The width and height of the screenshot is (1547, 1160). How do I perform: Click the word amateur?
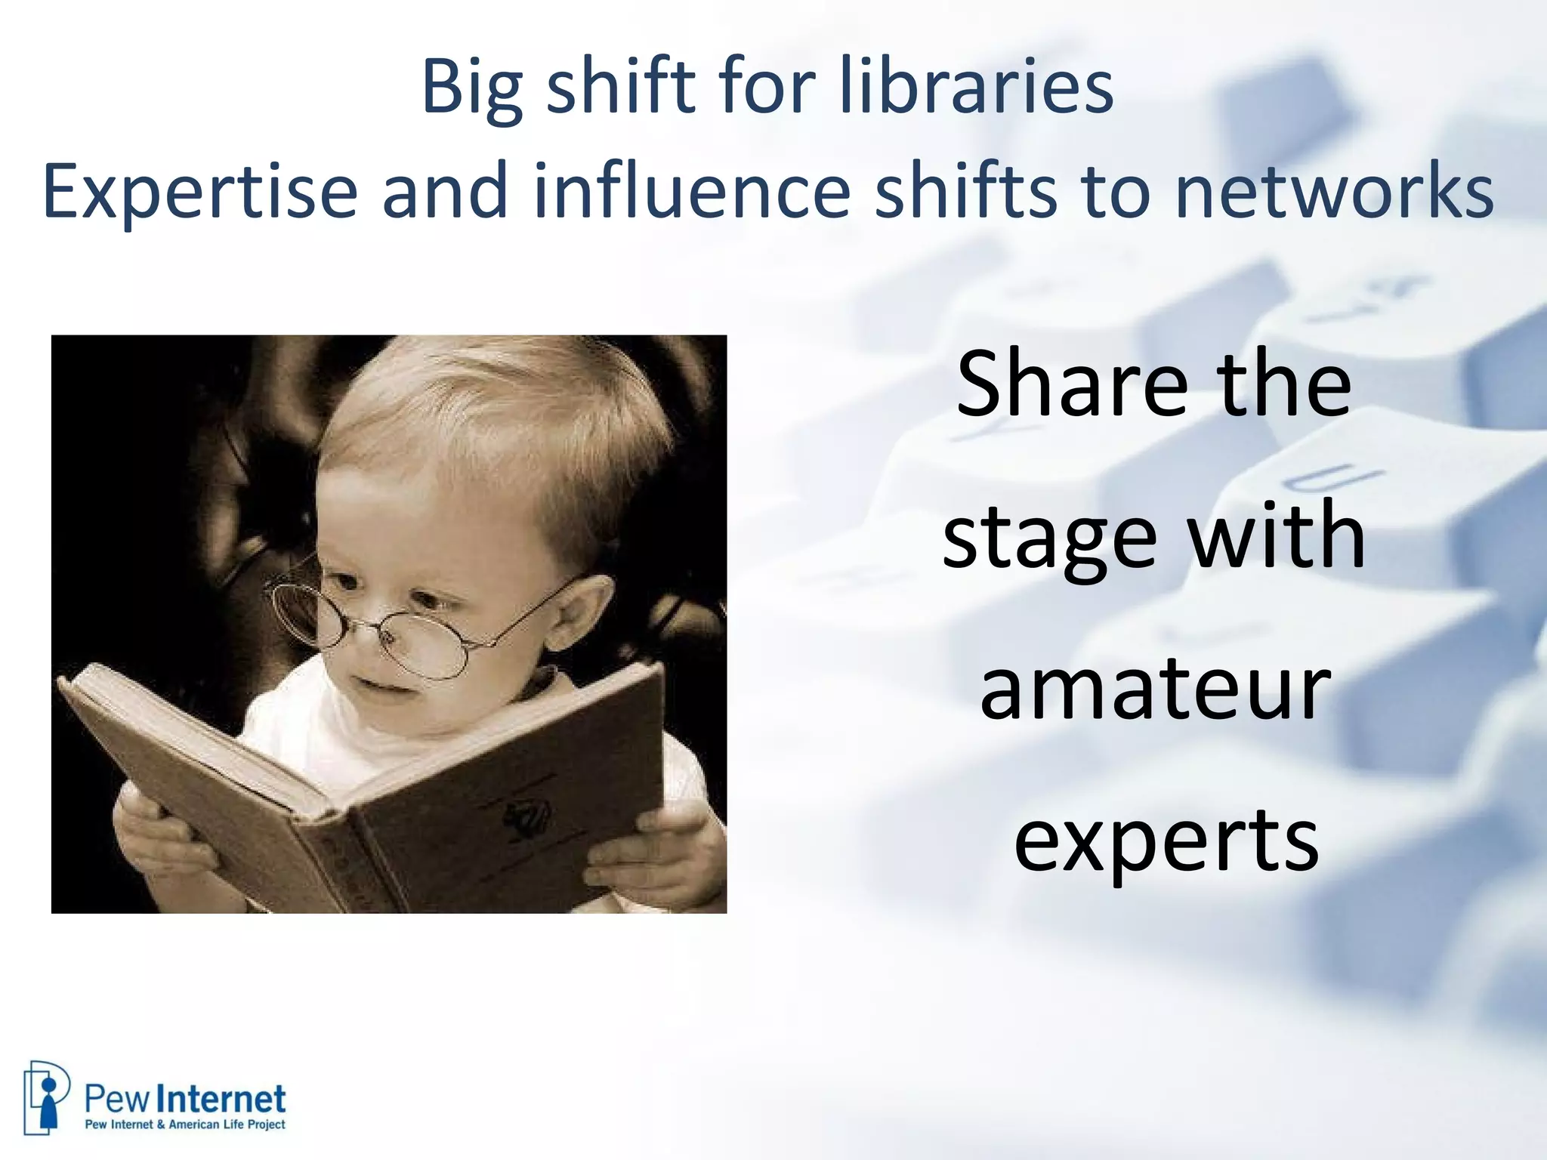click(x=1155, y=688)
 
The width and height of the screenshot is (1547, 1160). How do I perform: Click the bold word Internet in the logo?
click(x=225, y=1099)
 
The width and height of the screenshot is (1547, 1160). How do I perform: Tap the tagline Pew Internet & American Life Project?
click(x=185, y=1125)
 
